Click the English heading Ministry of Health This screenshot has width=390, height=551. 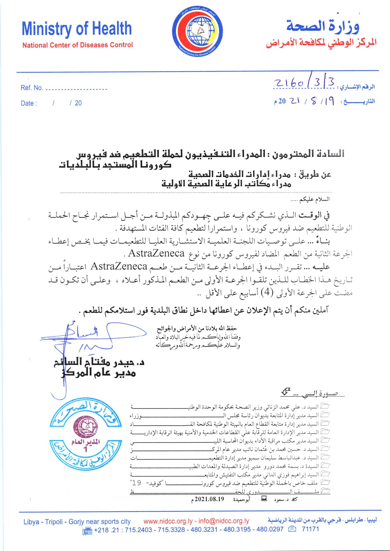pyautogui.click(x=77, y=29)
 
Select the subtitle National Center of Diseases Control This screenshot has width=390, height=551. pyautogui.click(x=77, y=45)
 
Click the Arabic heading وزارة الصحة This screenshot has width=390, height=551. pyautogui.click(x=323, y=26)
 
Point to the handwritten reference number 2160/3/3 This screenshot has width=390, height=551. pyautogui.click(x=304, y=83)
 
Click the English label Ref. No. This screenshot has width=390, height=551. pyautogui.click(x=31, y=88)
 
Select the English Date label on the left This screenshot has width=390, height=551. pyautogui.click(x=29, y=103)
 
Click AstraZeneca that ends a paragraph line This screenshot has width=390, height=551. pyautogui.click(x=156, y=253)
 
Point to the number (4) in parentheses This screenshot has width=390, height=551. pyautogui.click(x=267, y=292)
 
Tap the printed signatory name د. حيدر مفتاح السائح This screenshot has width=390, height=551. pyautogui.click(x=99, y=363)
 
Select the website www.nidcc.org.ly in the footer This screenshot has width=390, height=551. pyautogui.click(x=168, y=521)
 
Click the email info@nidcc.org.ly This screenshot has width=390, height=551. pyautogui.click(x=224, y=521)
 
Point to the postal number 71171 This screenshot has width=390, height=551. pyautogui.click(x=310, y=529)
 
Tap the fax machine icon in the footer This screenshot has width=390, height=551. pyautogui.click(x=87, y=531)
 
